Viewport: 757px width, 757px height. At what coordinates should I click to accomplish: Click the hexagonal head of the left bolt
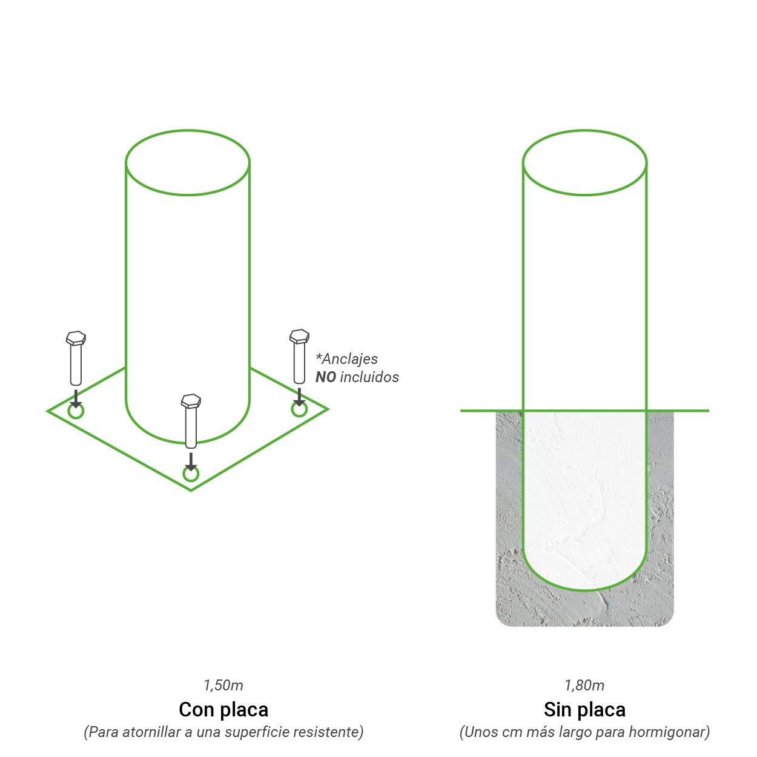click(x=76, y=339)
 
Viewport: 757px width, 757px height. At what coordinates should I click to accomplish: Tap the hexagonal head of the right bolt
click(x=299, y=337)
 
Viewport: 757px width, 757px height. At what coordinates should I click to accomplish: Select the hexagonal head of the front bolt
click(x=191, y=402)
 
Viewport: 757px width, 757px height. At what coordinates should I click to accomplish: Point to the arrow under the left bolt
click(x=76, y=398)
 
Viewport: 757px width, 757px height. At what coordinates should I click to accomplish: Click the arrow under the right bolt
click(x=299, y=397)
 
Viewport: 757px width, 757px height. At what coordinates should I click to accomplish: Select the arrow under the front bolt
click(x=191, y=462)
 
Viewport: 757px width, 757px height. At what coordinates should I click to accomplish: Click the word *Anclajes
click(x=347, y=359)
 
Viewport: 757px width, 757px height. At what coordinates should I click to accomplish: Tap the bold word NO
click(x=326, y=377)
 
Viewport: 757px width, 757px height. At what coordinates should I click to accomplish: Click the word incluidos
click(x=369, y=377)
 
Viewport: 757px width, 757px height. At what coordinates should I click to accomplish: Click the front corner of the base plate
click(x=191, y=491)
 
